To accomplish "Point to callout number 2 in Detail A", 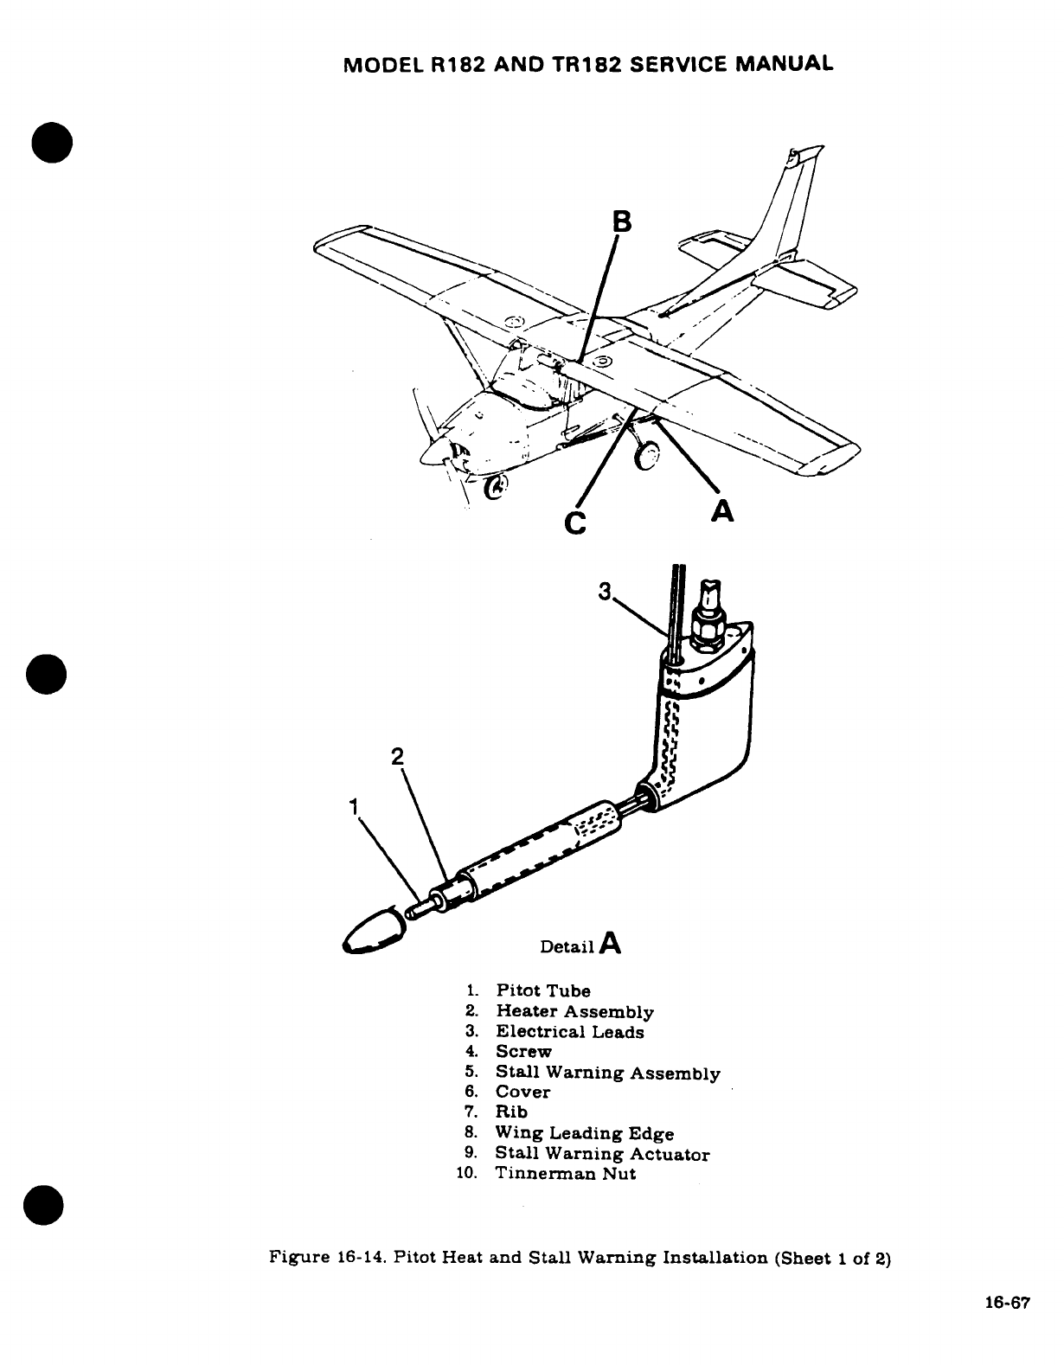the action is pyautogui.click(x=397, y=755).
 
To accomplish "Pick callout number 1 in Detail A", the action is pyautogui.click(x=352, y=806).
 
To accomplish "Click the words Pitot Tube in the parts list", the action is pyautogui.click(x=542, y=990).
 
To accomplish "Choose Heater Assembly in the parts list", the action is pyautogui.click(x=574, y=1011).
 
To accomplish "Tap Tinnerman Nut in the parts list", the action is pyautogui.click(x=565, y=1174).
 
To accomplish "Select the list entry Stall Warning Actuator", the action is pyautogui.click(x=601, y=1154).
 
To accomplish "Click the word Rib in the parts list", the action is pyautogui.click(x=510, y=1112).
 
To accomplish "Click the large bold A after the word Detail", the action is pyautogui.click(x=610, y=942).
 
